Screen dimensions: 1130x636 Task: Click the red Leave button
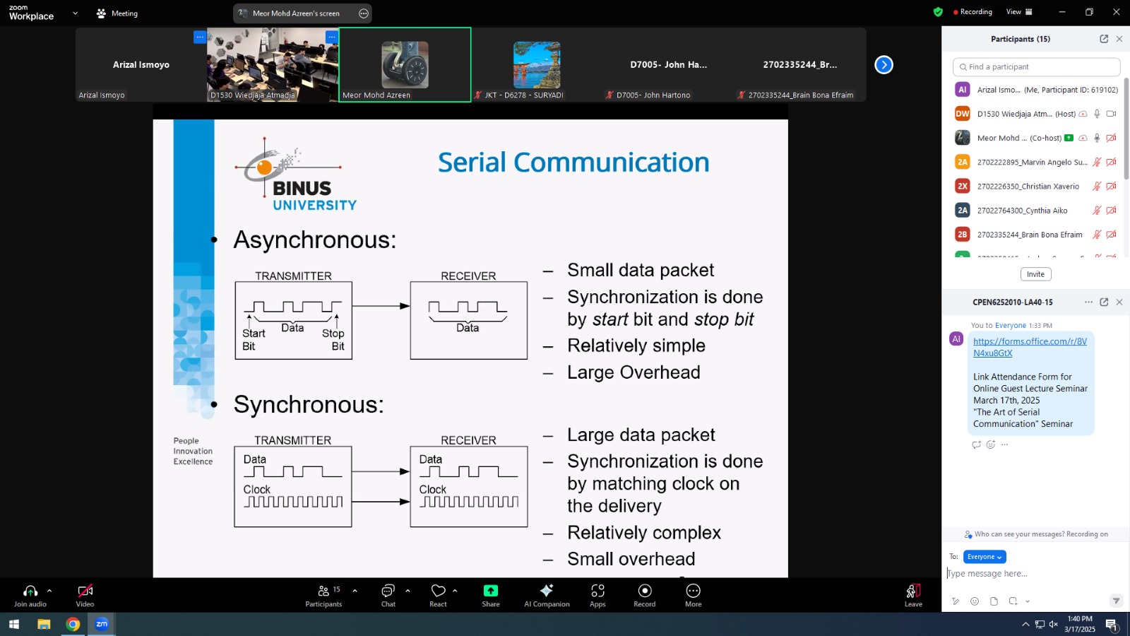tap(913, 596)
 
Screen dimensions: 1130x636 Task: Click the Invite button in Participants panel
tap(1035, 274)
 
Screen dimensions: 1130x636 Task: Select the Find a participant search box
tap(1036, 66)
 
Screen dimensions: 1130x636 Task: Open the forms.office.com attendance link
tap(1030, 347)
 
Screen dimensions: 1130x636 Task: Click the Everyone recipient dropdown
tap(985, 557)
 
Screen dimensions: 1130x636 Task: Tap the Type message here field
tap(1029, 573)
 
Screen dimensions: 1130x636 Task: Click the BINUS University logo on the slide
tap(296, 174)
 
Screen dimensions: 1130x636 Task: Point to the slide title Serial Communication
tap(573, 162)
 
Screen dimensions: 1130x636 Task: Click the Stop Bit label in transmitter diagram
tap(333, 340)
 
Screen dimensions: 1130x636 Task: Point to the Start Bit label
tap(254, 340)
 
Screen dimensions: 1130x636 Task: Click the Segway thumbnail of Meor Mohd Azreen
tap(405, 64)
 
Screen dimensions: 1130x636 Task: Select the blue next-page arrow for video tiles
tap(884, 64)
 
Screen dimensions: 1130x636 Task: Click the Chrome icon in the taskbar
tap(73, 625)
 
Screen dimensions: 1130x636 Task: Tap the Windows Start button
tap(13, 625)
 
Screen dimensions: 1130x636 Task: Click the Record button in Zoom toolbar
tap(645, 596)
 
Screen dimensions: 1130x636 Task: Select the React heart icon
tap(438, 591)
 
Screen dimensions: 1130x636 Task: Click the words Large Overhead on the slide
tap(634, 372)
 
